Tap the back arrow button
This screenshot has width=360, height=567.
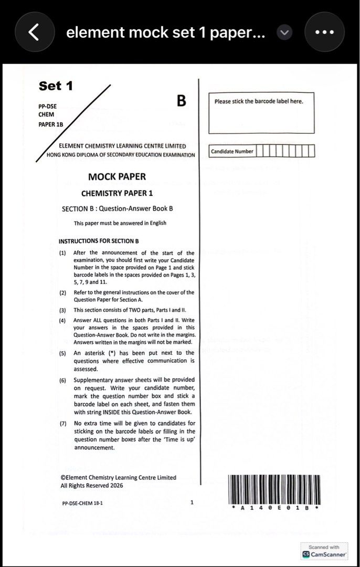coord(34,32)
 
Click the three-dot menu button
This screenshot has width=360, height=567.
coord(324,32)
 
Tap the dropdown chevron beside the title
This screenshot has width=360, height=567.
coord(284,33)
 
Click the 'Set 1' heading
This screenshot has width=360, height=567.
coord(56,86)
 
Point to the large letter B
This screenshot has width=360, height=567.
coord(181,101)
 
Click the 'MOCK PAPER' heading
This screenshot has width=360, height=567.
coord(117,176)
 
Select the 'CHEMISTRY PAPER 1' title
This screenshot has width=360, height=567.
coord(117,193)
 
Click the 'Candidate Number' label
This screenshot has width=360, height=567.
coord(232,152)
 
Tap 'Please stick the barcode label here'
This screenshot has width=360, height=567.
coord(259,101)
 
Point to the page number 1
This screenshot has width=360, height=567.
coord(192,502)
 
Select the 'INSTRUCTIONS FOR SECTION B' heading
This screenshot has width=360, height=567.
coord(99,241)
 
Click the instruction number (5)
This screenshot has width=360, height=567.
coord(62,353)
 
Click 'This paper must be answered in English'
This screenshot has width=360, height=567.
coord(120,223)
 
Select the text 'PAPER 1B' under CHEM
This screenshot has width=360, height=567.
coord(51,124)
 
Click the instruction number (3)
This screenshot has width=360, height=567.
coord(62,310)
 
